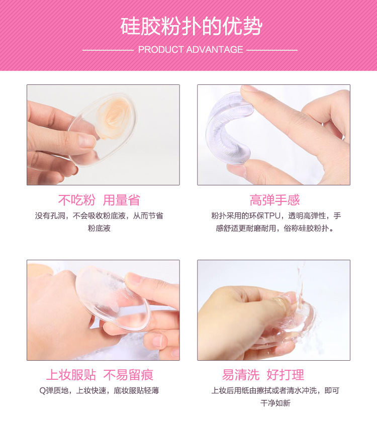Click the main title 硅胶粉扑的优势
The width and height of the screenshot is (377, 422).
pos(191,26)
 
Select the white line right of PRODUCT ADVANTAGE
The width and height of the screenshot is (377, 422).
pos(272,50)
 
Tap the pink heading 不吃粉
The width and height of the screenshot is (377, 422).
pos(76,200)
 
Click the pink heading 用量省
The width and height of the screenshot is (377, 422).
pos(121,200)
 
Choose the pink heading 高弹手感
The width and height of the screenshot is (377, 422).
pos(274,200)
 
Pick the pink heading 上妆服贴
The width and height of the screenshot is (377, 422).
pos(70,375)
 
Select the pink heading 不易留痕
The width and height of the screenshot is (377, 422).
pos(128,375)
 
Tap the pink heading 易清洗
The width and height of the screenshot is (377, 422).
pos(241,375)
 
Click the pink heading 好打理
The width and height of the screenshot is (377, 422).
pos(286,375)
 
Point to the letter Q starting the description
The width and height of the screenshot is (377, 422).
pos(42,390)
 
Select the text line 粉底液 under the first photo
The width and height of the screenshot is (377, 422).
pos(99,229)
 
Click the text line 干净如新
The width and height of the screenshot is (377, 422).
pos(274,403)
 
